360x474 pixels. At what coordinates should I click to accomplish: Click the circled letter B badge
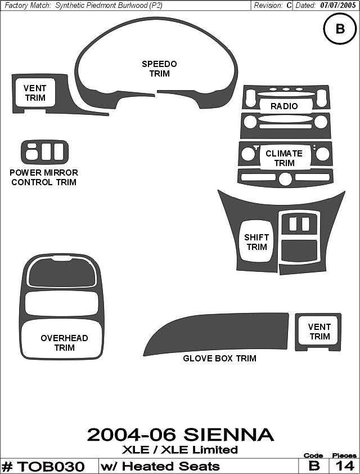[x=340, y=29]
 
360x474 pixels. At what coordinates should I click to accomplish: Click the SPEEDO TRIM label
[x=159, y=69]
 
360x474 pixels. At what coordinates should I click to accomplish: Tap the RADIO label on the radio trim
[x=284, y=106]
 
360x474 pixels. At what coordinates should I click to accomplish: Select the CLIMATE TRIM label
[x=284, y=158]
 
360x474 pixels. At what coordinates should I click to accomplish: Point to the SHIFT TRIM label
[x=256, y=242]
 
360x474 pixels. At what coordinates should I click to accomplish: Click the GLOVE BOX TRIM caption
[x=219, y=358]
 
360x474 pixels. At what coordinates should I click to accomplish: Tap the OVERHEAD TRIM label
[x=64, y=343]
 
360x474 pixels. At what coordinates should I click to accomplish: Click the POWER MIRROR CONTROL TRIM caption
[x=44, y=177]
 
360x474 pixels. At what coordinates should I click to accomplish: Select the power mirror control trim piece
[x=44, y=152]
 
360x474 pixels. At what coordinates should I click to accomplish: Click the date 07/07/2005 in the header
[x=338, y=6]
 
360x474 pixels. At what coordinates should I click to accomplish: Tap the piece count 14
[x=345, y=466]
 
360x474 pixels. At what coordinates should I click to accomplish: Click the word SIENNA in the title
[x=228, y=435]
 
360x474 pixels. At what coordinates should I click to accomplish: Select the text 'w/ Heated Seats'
[x=160, y=466]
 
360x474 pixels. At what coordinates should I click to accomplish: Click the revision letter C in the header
[x=289, y=6]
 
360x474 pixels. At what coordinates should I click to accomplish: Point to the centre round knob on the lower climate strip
[x=285, y=179]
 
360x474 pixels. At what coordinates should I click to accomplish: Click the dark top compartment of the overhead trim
[x=62, y=272]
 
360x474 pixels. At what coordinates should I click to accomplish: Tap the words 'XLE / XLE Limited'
[x=180, y=450]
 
